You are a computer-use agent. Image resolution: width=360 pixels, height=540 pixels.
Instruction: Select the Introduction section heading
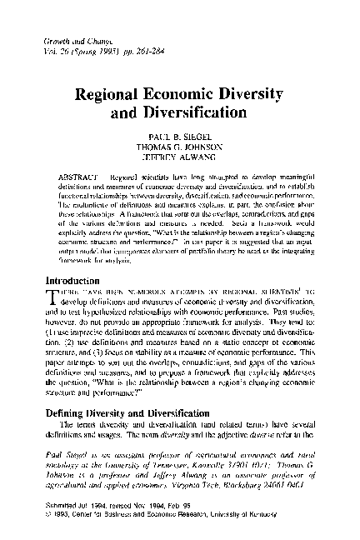[76, 280]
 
